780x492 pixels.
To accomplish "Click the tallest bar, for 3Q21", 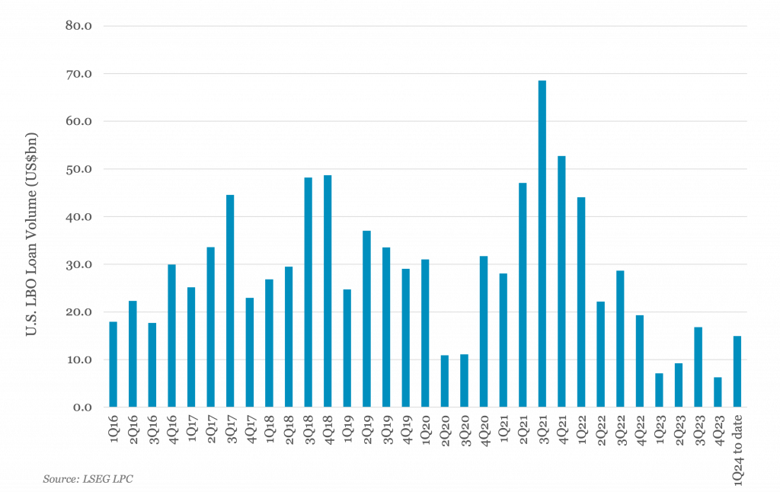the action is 542,244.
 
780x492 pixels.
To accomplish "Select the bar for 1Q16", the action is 113,365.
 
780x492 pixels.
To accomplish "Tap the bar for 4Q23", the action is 718,392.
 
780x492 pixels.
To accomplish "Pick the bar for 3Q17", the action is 230,301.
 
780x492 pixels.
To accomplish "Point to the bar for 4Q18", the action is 328,291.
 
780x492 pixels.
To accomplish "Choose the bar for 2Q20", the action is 445,381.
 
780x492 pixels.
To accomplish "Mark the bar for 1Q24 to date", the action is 737,372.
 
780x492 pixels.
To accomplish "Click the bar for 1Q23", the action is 659,391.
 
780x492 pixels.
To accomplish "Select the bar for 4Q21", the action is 561,282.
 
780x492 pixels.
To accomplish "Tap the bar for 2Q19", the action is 366,319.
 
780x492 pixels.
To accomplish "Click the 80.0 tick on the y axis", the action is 78,26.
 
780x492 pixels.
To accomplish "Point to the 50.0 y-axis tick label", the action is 78,169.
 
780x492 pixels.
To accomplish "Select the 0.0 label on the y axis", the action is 82,407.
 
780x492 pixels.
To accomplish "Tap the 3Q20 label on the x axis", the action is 465,430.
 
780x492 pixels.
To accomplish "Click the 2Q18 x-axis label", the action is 289,430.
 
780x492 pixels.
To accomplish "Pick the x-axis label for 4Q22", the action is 641,430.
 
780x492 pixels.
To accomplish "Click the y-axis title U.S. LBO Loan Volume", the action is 31,234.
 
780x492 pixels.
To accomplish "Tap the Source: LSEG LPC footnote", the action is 88,479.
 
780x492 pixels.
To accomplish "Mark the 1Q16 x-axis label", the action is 114,430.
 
